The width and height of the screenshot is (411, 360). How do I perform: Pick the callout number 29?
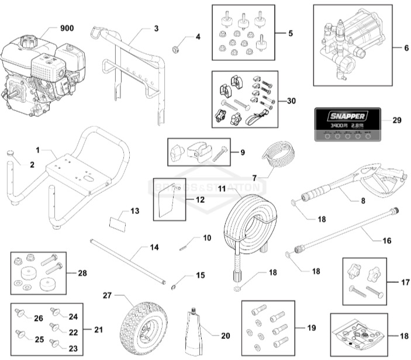coord(396,121)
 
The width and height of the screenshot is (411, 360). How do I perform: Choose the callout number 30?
coord(291,100)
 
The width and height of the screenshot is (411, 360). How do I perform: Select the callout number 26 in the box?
coord(38,318)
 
